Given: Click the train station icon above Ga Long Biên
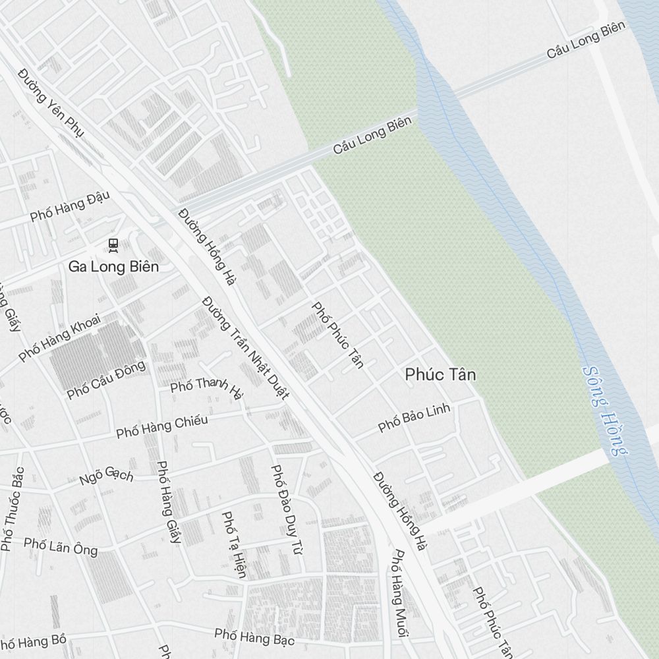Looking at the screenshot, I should click(x=113, y=245).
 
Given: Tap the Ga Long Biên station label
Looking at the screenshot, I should click(x=113, y=267).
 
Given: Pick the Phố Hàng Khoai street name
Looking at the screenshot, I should click(x=59, y=337).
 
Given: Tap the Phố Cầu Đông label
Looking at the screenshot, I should click(x=106, y=380).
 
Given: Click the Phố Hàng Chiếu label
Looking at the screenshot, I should click(x=162, y=426).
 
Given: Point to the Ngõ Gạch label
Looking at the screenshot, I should click(x=107, y=475).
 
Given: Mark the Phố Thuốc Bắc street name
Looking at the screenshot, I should click(x=13, y=509).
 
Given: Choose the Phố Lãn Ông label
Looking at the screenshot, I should click(x=61, y=546).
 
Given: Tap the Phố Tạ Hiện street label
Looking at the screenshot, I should click(x=233, y=545).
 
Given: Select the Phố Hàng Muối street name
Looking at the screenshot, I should click(x=399, y=593).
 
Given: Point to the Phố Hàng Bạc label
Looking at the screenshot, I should click(x=254, y=637).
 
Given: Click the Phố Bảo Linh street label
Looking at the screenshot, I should click(x=415, y=418).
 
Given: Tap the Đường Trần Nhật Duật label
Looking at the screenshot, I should click(x=245, y=348).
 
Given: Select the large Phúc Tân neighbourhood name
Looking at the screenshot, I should click(x=440, y=375).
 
